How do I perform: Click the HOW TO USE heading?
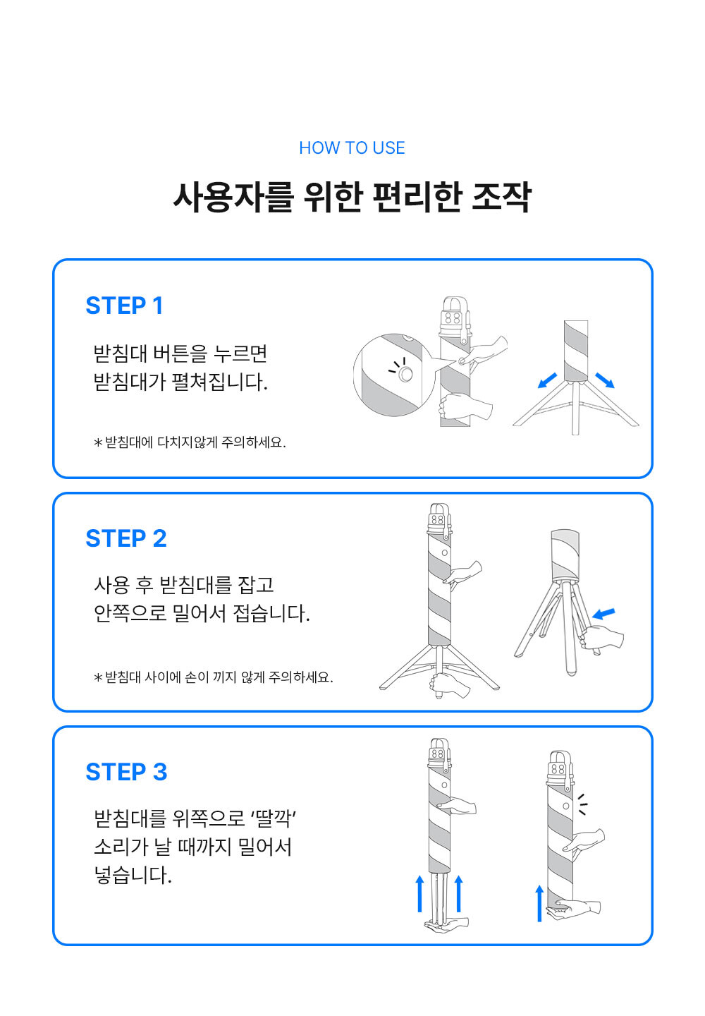[352, 148]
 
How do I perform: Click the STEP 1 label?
[124, 306]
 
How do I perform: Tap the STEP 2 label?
[126, 538]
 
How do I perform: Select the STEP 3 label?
[126, 772]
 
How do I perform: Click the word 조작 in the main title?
[501, 198]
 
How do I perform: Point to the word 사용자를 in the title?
[234, 198]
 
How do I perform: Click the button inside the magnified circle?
[405, 374]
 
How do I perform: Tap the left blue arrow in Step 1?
[547, 380]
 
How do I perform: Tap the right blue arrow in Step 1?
[605, 380]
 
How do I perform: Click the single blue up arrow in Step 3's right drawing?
[539, 903]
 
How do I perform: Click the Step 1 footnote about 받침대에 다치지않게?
[190, 442]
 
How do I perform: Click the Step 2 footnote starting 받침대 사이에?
[214, 677]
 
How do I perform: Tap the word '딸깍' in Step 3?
[274, 818]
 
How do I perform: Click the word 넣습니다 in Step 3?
[133, 875]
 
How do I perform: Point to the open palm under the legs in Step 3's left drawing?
[447, 924]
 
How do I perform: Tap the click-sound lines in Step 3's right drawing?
[583, 804]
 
